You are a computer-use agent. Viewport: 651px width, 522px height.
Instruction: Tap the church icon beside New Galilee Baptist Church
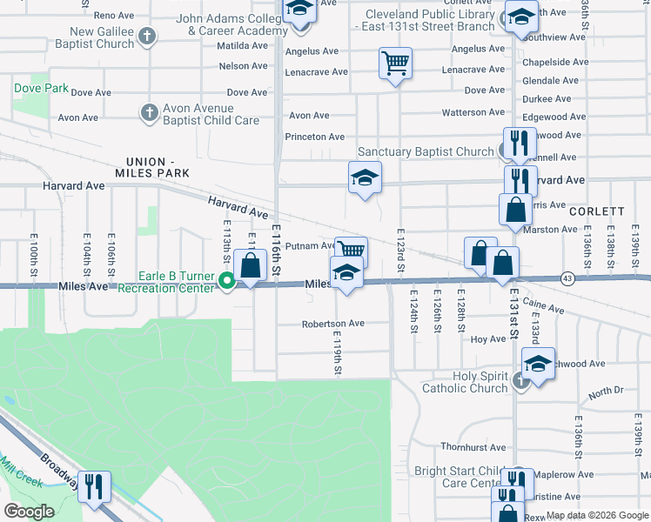coord(148,37)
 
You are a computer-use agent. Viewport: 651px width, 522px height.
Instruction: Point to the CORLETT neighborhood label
coord(597,211)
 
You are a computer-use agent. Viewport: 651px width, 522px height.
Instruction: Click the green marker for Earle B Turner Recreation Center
coord(227,280)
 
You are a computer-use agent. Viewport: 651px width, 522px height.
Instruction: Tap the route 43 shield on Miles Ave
coord(567,278)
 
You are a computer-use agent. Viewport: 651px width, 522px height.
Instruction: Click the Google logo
coord(30,511)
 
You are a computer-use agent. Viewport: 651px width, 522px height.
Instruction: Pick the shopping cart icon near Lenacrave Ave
coord(395,63)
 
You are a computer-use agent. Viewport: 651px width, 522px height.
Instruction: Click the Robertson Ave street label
coord(332,323)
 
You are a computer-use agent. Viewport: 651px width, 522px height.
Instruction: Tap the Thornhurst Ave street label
coord(473,448)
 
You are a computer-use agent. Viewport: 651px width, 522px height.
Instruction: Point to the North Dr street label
coord(606,393)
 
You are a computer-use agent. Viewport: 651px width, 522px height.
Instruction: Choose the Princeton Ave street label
coord(315,137)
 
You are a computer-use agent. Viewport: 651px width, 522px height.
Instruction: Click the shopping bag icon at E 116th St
coord(251,266)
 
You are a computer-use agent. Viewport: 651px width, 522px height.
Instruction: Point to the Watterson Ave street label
coord(473,112)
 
